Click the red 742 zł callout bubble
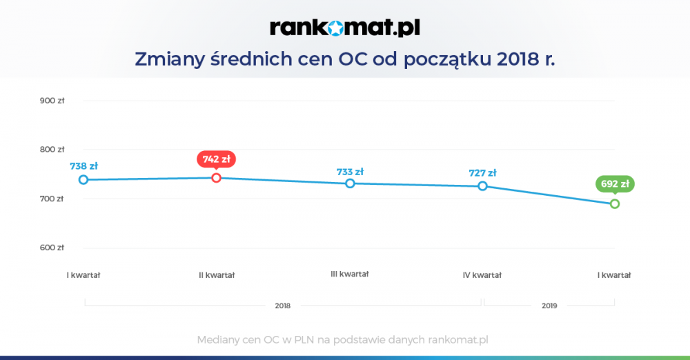pos(216,159)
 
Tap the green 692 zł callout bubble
pos(615,184)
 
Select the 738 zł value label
pos(83,166)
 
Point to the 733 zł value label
pos(351,172)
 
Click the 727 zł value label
pos(483,173)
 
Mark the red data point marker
pos(216,178)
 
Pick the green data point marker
pos(615,203)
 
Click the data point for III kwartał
pos(350,183)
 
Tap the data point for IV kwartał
pos(482,186)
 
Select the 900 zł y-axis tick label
pos(52,101)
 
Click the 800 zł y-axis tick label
pos(52,150)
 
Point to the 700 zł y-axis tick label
pos(52,199)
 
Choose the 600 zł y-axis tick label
pos(52,248)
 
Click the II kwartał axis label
pos(217,275)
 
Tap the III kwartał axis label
pos(350,274)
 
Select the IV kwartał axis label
pos(482,275)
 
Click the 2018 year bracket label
pos(282,306)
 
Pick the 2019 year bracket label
pos(549,306)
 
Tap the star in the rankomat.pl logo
pos(335,28)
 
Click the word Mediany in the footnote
pos(215,340)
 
